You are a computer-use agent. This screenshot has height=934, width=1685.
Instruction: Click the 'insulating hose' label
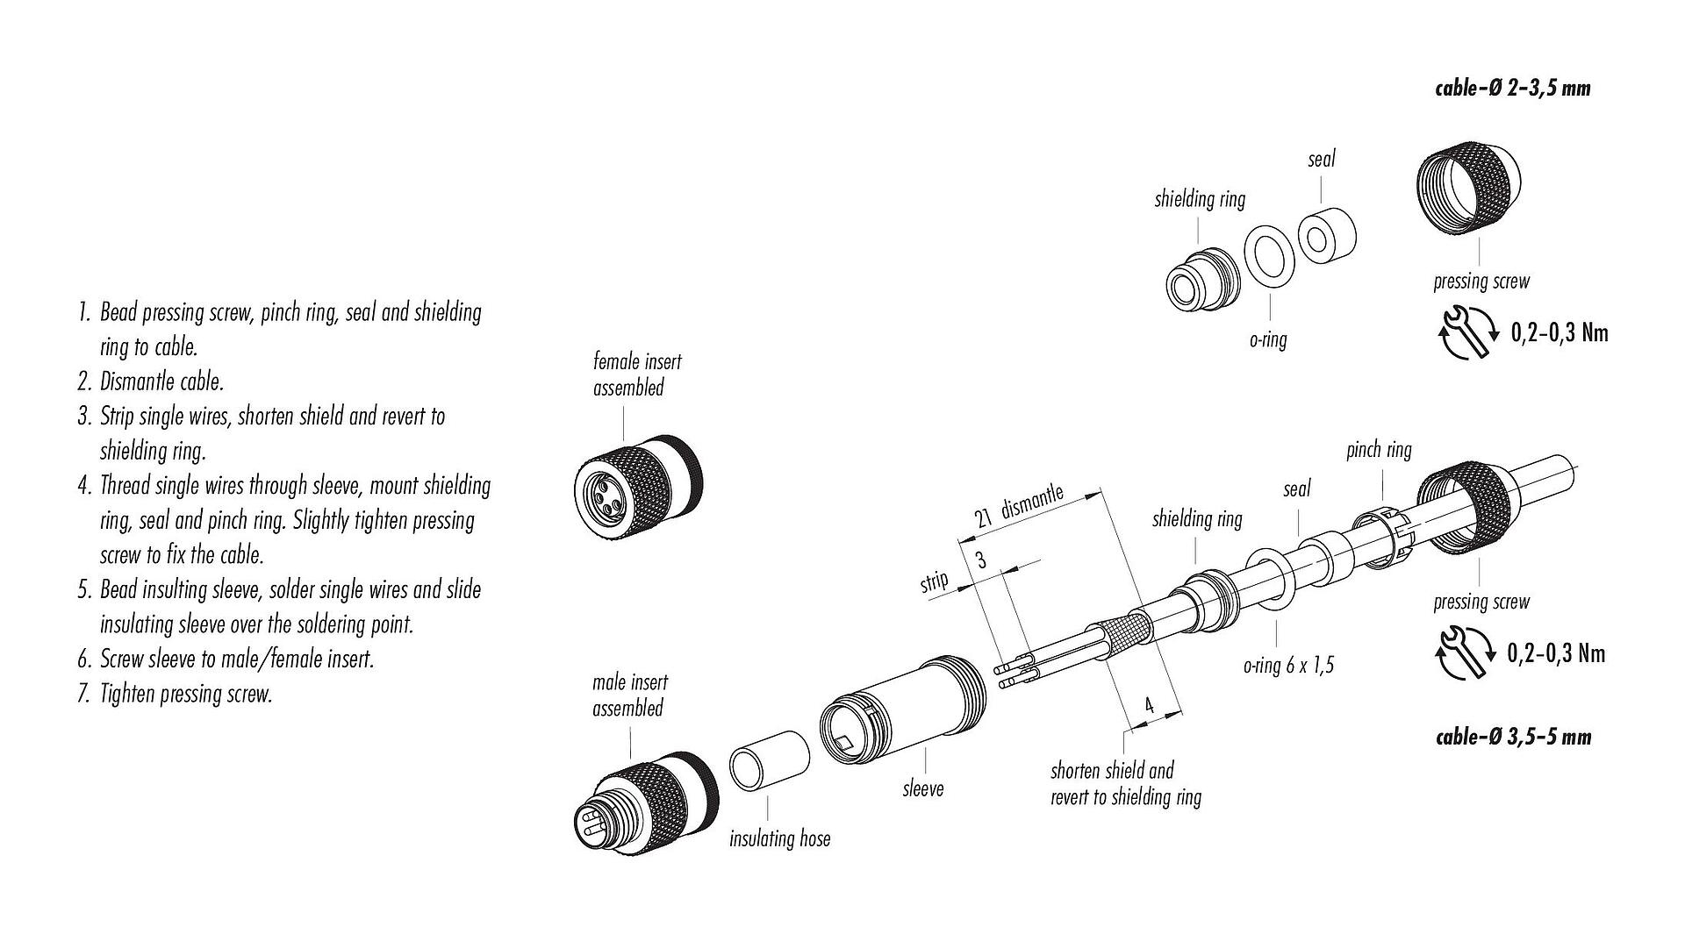coord(779,839)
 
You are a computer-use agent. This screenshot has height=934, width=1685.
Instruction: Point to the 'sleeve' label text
coord(923,789)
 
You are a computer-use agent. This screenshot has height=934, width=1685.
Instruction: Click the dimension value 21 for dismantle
coord(984,517)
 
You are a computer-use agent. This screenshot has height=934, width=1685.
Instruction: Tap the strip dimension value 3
coord(980,560)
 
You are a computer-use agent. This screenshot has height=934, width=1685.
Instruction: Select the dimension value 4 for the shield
coord(1149,706)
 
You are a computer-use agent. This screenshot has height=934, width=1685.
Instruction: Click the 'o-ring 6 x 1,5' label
coord(1287,666)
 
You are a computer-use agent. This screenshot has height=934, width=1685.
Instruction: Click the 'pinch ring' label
coord(1379,451)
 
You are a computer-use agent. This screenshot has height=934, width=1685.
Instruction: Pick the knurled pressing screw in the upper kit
coord(1468,185)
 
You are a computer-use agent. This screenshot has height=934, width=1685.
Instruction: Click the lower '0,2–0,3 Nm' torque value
coord(1555,653)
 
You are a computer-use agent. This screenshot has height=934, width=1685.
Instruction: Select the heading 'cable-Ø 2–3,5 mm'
coord(1512,89)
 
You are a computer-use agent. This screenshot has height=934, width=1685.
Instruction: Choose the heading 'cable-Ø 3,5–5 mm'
coord(1512,737)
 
